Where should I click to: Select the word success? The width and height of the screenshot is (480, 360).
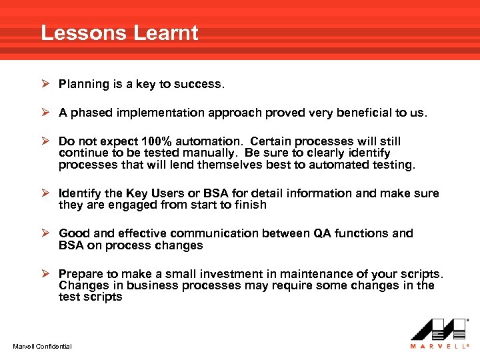202,84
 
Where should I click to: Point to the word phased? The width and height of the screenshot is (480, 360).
91,113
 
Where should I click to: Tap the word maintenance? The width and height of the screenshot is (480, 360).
307,274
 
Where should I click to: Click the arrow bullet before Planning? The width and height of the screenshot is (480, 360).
45,84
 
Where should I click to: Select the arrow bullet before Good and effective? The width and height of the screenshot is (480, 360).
45,233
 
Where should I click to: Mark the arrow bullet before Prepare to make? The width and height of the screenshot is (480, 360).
45,274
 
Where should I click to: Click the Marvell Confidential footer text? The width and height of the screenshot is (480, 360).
42,346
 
